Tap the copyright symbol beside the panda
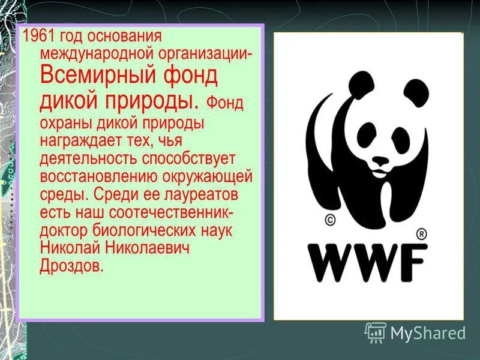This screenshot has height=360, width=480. click(x=329, y=220)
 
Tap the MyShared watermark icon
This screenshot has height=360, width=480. click(x=376, y=332)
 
